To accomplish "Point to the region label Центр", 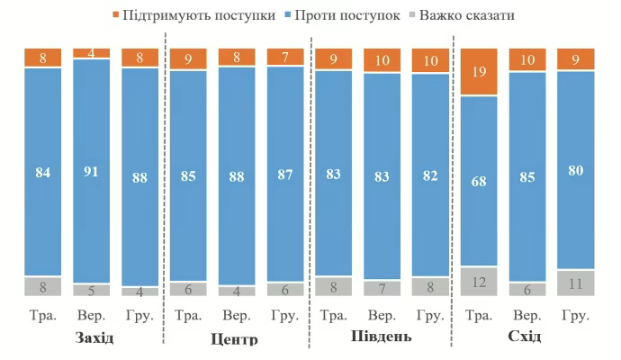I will click(x=235, y=339).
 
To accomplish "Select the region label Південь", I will click(x=381, y=337).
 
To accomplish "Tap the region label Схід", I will click(x=526, y=337).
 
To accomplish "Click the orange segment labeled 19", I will click(x=479, y=71).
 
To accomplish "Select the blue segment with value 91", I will click(x=91, y=171).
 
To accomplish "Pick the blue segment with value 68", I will click(x=479, y=180).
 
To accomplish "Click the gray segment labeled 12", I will click(x=479, y=282).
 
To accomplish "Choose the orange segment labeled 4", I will click(x=91, y=53).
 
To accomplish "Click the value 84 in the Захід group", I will click(x=42, y=172).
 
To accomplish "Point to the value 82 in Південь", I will click(x=430, y=174).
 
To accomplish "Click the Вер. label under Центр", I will click(x=237, y=317).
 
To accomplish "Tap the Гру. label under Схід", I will click(x=576, y=317).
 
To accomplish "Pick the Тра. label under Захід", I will click(x=42, y=317).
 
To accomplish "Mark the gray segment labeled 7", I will click(x=382, y=288).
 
